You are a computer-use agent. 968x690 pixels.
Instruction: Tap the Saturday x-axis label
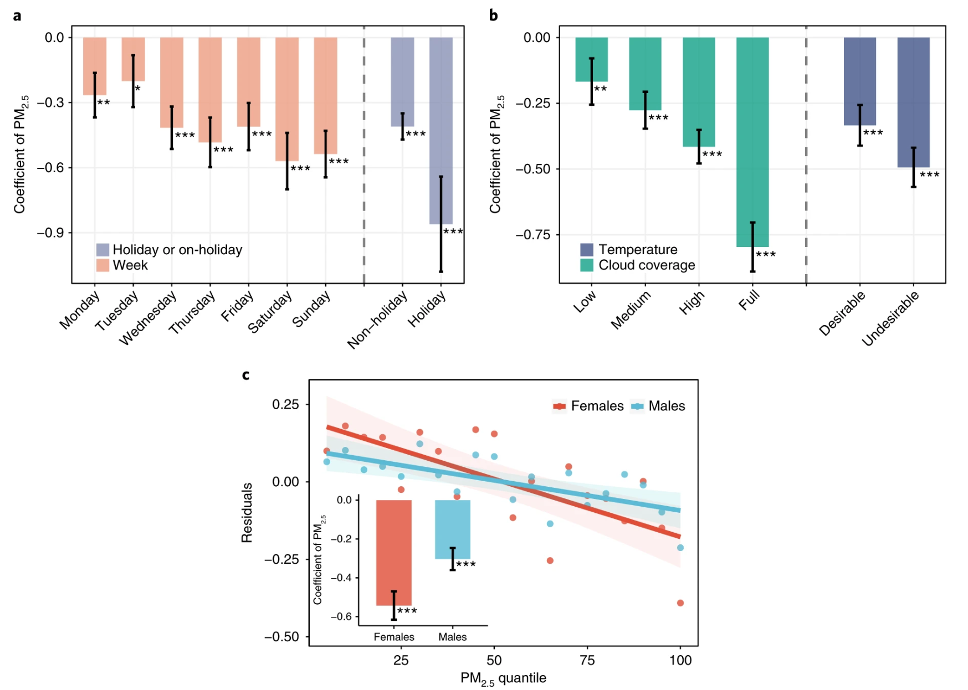[x=269, y=313]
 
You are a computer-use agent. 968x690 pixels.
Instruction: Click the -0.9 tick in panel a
[x=51, y=233]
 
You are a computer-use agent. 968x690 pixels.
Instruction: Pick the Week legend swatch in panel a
[x=103, y=265]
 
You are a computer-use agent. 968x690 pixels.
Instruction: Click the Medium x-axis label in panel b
[x=631, y=310]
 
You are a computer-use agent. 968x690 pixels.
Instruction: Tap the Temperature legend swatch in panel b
[x=586, y=250]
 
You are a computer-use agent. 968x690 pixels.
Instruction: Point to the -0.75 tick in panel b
[x=533, y=235]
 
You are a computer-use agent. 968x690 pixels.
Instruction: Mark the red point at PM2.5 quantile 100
[x=680, y=603]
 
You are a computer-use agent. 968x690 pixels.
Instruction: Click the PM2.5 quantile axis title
[x=503, y=678]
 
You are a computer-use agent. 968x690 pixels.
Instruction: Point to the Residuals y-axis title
[x=247, y=512]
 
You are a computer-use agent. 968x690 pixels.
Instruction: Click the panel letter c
[x=245, y=375]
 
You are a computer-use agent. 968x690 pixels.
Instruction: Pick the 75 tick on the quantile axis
[x=587, y=660]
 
